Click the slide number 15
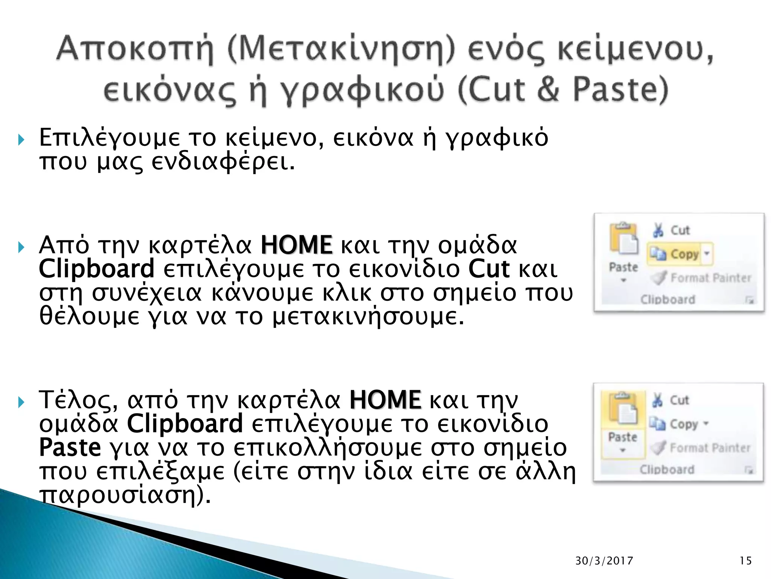click(x=745, y=561)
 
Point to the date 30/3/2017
click(x=604, y=561)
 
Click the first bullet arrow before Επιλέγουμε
click(x=21, y=140)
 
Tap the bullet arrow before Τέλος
click(x=21, y=402)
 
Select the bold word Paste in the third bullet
click(x=70, y=447)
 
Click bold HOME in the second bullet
click(x=297, y=245)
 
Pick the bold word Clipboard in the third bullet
click(x=185, y=424)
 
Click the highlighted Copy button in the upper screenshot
click(x=680, y=254)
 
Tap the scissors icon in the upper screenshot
click(x=658, y=230)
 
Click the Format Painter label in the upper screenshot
click(x=710, y=278)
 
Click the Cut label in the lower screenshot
click(x=679, y=400)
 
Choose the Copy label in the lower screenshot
click(x=684, y=424)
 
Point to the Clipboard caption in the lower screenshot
click(x=667, y=470)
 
